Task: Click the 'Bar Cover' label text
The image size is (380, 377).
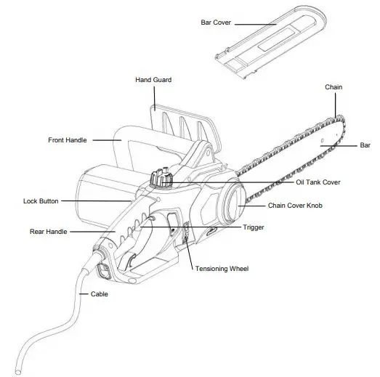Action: click(x=215, y=23)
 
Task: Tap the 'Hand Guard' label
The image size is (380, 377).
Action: click(x=153, y=80)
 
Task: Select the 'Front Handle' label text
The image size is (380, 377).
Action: click(x=68, y=139)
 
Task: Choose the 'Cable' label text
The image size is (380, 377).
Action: click(x=100, y=295)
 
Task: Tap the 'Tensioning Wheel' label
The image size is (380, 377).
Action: click(x=222, y=269)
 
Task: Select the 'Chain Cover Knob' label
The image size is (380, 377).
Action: click(x=295, y=206)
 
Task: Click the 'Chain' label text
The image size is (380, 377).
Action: click(x=333, y=87)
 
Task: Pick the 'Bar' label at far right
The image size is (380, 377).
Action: click(x=365, y=145)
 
